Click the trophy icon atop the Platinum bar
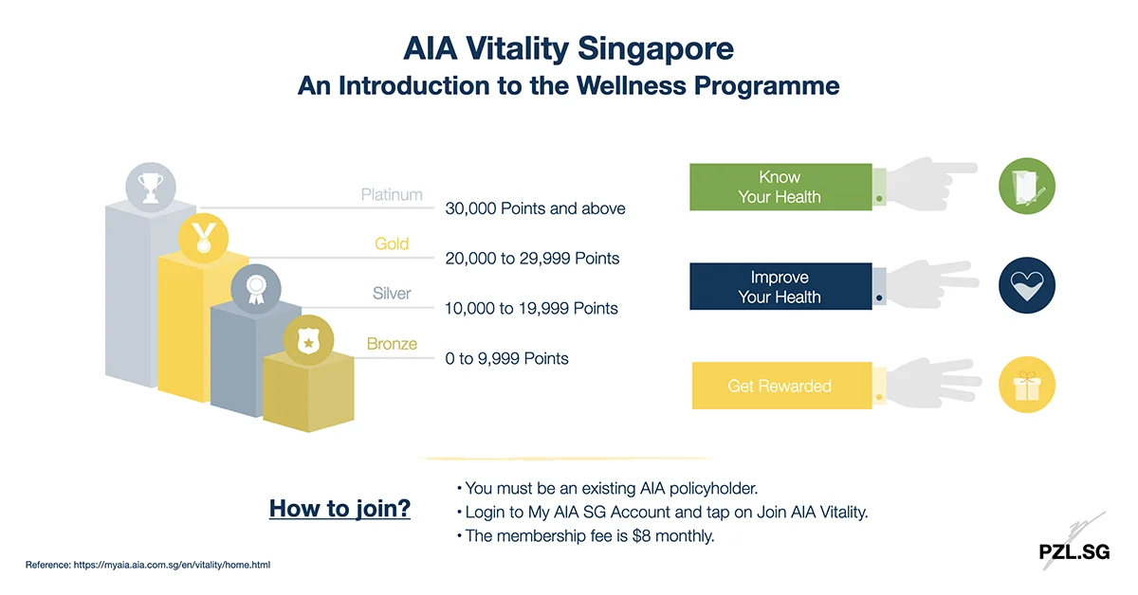(x=151, y=187)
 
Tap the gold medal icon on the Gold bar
(x=204, y=236)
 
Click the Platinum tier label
(x=392, y=195)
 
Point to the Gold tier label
(x=392, y=244)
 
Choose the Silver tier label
(x=392, y=294)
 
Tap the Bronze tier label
(x=392, y=344)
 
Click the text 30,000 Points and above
(x=535, y=208)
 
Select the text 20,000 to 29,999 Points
(x=532, y=258)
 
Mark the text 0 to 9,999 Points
(x=507, y=358)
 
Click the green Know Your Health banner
(x=780, y=188)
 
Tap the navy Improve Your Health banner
(x=780, y=287)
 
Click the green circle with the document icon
(x=1027, y=185)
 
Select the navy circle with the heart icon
(x=1027, y=285)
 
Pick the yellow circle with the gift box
(x=1027, y=386)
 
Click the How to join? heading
(x=340, y=509)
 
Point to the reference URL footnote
(x=148, y=565)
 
